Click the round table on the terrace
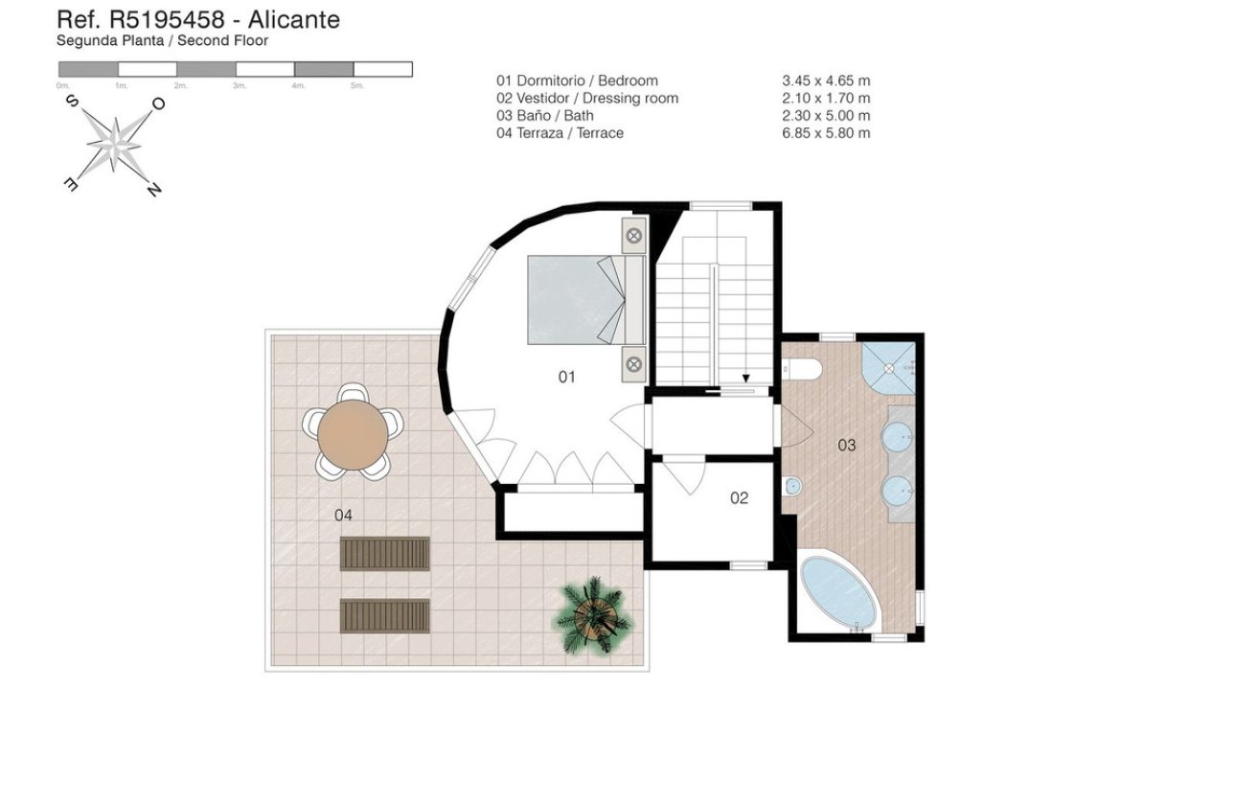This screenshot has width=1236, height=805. [354, 437]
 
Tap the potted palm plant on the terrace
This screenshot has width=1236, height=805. [593, 615]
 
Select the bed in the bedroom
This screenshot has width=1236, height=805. [584, 299]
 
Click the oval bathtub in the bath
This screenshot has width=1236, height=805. [838, 592]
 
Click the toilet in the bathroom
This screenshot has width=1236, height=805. [798, 369]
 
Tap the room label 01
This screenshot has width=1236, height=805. [567, 377]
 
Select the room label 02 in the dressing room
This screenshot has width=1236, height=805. [739, 497]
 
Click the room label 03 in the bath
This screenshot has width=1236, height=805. [846, 445]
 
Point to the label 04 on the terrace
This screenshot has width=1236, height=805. [343, 515]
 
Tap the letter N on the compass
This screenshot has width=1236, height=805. [153, 190]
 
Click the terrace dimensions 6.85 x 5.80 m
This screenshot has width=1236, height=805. [826, 133]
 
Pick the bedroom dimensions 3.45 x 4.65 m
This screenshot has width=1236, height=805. [826, 81]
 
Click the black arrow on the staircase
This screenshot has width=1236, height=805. [746, 379]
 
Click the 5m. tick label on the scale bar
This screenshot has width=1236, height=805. [356, 86]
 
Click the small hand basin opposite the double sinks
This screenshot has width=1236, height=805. [790, 488]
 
